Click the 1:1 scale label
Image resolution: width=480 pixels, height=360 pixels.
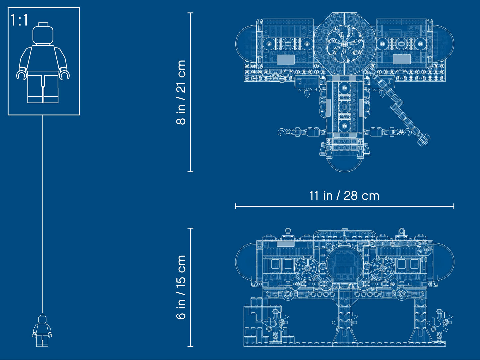(19, 20)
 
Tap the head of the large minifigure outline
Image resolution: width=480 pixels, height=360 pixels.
(43, 33)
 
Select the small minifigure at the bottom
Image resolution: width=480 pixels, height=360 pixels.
(42, 331)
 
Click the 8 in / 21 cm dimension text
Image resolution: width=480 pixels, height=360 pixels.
(181, 92)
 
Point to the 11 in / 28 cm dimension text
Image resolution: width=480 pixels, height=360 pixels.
(344, 196)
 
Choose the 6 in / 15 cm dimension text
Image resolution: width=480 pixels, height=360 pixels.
(181, 288)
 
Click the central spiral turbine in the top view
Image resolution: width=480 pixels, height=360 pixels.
(344, 44)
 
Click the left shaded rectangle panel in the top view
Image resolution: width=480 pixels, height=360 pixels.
(285, 59)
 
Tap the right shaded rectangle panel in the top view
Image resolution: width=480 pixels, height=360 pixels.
(402, 59)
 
